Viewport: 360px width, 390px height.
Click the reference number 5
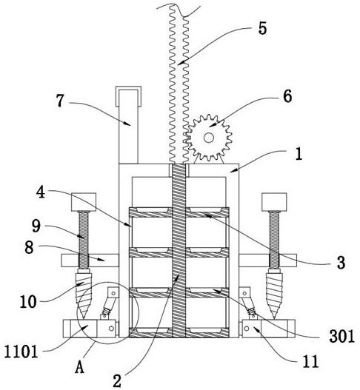coord(262,28)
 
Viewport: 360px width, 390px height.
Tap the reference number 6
coord(287,96)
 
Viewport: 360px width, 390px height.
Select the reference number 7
coord(60,101)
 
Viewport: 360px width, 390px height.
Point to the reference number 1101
coord(21,352)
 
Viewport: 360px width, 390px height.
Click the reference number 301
coord(341,337)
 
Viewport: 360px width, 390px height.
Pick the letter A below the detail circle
coord(79,367)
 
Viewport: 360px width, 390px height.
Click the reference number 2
coord(117,380)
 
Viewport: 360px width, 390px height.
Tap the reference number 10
coord(28,302)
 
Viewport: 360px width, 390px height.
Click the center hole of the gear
coord(209,138)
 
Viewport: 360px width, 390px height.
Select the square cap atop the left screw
coord(84,202)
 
